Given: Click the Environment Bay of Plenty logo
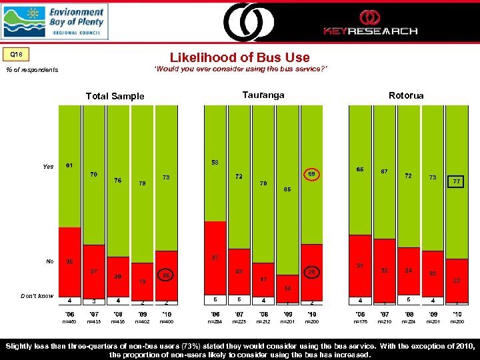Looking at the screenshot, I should (x=55, y=22).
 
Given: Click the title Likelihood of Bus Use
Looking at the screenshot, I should (x=240, y=58).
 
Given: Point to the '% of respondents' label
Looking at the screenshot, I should (x=32, y=70).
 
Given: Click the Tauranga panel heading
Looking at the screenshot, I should (x=263, y=95).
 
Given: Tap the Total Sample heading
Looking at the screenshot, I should (x=115, y=96).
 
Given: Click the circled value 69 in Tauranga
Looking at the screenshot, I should (x=311, y=174).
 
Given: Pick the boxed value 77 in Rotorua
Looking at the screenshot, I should (x=457, y=181).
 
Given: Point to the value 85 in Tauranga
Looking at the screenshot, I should (x=287, y=189).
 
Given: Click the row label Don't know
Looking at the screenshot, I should (x=37, y=296).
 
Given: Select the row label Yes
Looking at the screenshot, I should (x=48, y=167).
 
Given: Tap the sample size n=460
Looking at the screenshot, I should (x=69, y=321).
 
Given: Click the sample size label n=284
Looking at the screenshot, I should (x=215, y=321).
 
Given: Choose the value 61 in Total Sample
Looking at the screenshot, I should (x=69, y=165).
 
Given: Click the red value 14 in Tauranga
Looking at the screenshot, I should (x=287, y=288).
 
